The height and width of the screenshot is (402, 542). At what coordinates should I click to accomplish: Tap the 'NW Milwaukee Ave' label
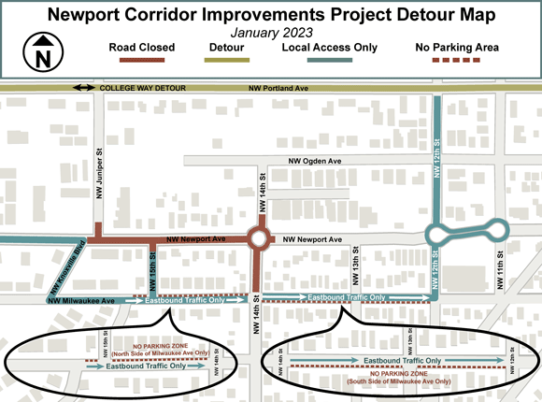[x=80, y=301]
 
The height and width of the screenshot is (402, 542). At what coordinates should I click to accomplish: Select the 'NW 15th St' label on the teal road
[x=150, y=275]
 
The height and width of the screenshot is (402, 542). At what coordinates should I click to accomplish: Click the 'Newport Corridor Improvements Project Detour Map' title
[x=271, y=14]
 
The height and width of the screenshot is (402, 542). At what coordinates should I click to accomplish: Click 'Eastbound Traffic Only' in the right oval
[x=402, y=360]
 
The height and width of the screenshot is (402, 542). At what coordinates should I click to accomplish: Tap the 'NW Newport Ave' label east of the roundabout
[x=314, y=240]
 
